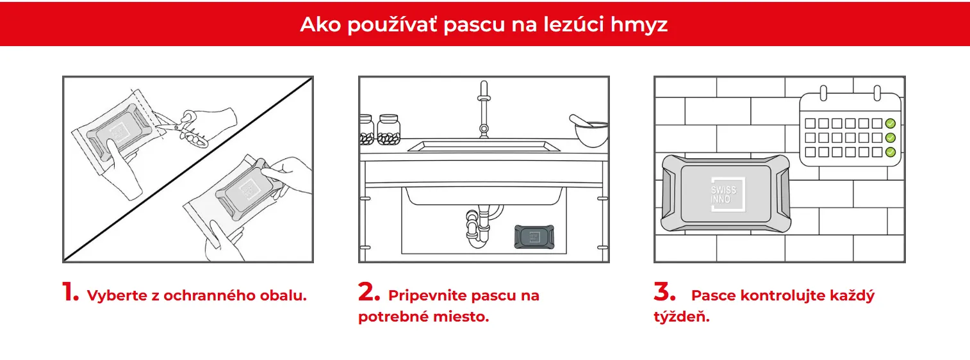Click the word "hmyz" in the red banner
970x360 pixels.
639,25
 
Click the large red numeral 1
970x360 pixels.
70,291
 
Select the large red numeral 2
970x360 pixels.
369,291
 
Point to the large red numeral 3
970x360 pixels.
664,291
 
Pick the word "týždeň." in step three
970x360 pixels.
682,316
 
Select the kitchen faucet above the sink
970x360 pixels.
484,110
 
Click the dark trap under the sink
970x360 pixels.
534,236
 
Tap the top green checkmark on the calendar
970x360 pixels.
891,124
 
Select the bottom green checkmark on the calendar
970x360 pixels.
891,152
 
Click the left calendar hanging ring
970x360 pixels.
823,93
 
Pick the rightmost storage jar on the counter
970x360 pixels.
388,129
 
